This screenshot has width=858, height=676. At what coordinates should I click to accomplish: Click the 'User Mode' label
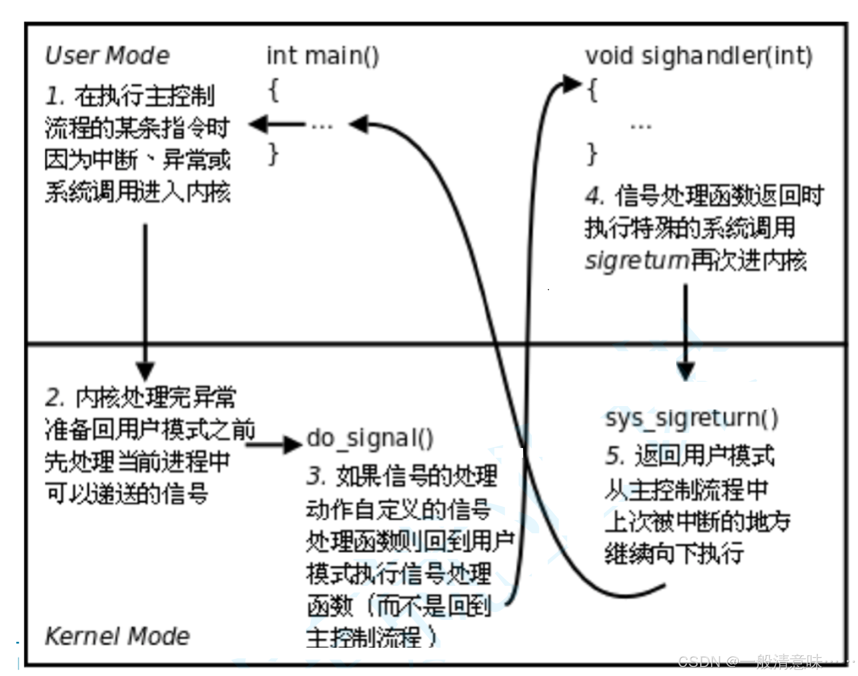pyautogui.click(x=107, y=56)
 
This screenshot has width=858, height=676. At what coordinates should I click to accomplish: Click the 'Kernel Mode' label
pyautogui.click(x=117, y=636)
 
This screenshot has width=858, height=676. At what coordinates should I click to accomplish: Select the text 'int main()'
pyautogui.click(x=323, y=56)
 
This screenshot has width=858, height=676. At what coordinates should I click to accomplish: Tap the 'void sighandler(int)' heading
pyautogui.click(x=699, y=56)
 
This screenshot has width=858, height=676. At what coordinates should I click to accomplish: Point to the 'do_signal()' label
pyautogui.click(x=370, y=439)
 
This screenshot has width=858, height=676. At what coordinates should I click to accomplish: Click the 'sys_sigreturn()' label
pyautogui.click(x=691, y=419)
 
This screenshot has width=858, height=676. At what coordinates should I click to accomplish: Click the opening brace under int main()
pyautogui.click(x=274, y=91)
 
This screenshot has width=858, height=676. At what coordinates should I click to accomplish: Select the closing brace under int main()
pyautogui.click(x=274, y=154)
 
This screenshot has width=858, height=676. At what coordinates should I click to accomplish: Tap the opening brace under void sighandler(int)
pyautogui.click(x=592, y=91)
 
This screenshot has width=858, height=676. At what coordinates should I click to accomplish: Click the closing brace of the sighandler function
pyautogui.click(x=591, y=154)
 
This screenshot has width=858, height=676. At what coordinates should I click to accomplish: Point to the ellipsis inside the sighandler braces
pyautogui.click(x=640, y=127)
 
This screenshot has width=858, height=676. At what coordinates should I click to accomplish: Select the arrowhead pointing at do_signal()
pyautogui.click(x=292, y=444)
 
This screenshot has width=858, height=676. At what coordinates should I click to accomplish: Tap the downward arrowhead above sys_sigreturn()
pyautogui.click(x=685, y=370)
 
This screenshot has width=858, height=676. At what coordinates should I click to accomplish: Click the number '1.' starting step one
pyautogui.click(x=55, y=96)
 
